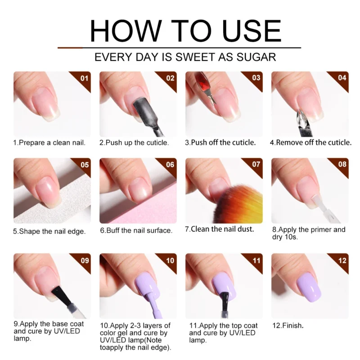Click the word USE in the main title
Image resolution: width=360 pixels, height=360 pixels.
tap(252, 31)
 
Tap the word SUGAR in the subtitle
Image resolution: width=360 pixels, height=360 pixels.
tap(256, 57)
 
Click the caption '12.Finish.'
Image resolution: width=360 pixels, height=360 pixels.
tap(288, 325)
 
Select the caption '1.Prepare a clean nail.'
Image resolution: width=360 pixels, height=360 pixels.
tap(49, 143)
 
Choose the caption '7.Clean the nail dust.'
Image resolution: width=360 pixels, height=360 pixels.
tap(220, 229)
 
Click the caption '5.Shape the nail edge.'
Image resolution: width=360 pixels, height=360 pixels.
tap(49, 231)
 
